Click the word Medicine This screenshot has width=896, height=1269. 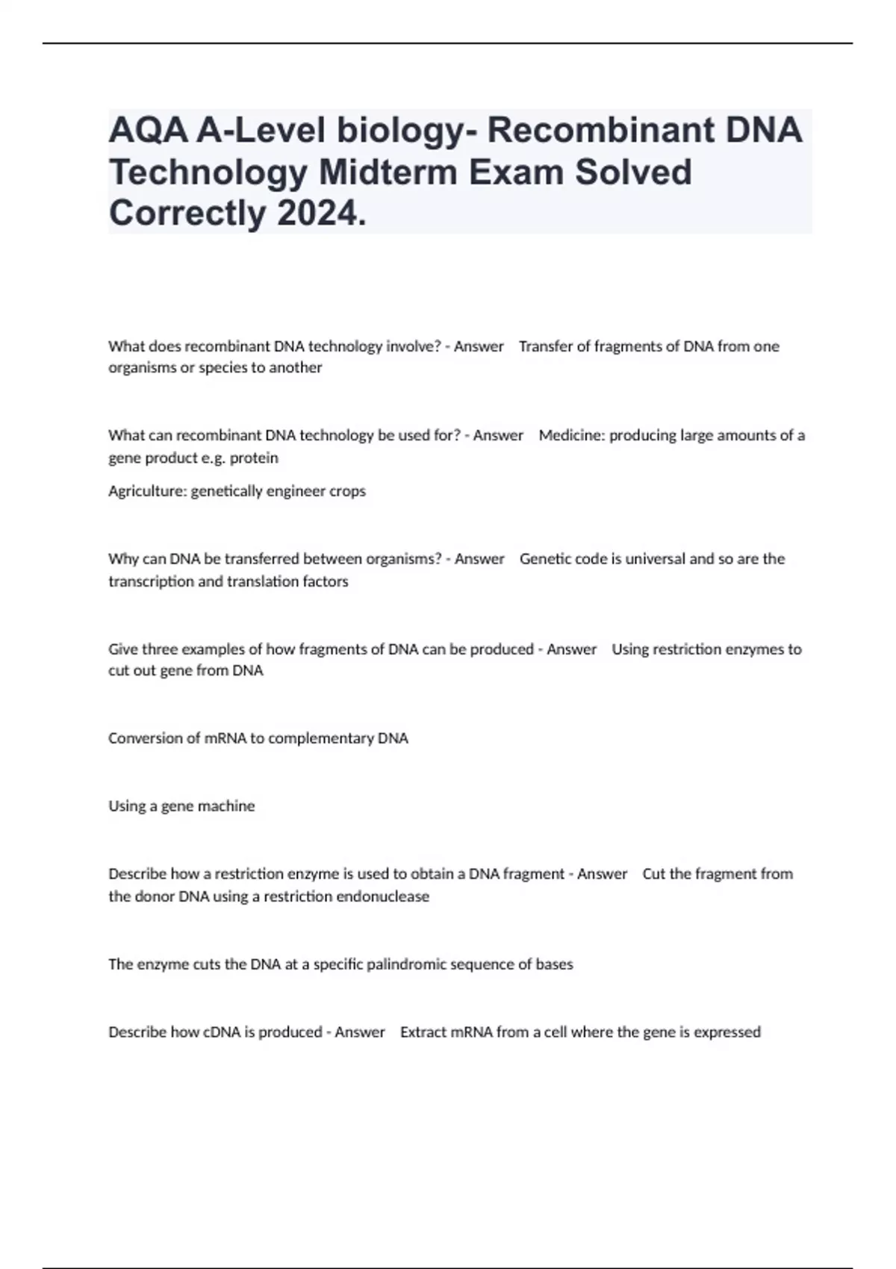[571, 435]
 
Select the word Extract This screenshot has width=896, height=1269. [424, 1032]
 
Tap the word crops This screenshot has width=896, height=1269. [347, 491]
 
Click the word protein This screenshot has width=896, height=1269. [254, 458]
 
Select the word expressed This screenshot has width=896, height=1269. [727, 1032]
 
